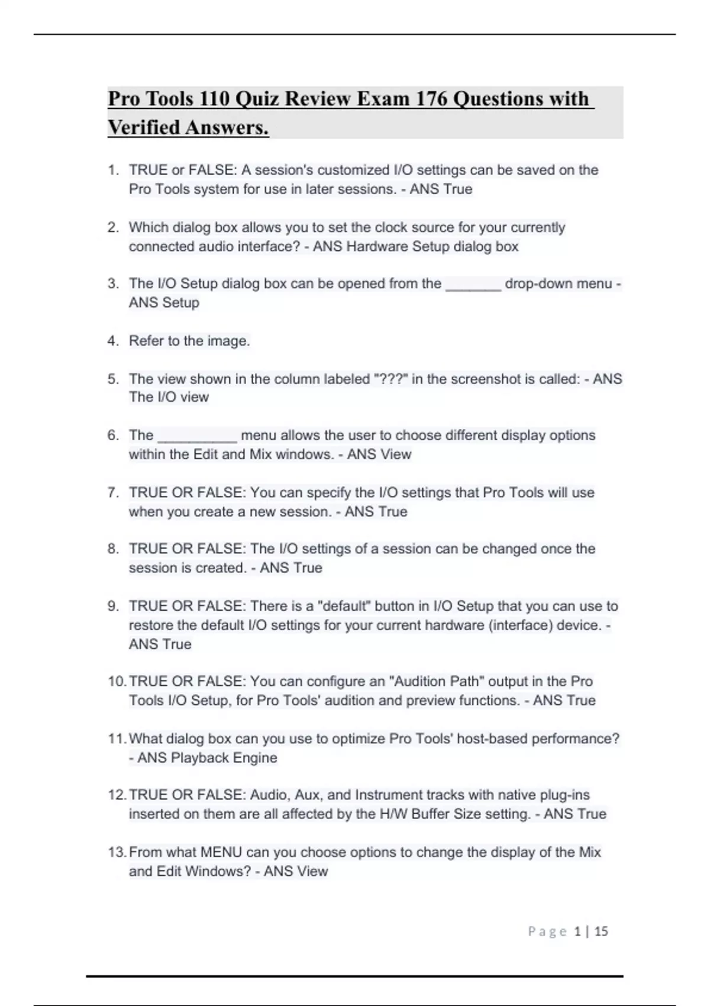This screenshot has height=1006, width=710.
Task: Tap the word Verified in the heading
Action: tap(144, 127)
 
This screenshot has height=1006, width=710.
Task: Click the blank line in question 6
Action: tap(198, 437)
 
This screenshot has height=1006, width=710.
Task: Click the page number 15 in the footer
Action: tap(601, 931)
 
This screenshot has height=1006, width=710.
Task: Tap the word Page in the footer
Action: tap(547, 931)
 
